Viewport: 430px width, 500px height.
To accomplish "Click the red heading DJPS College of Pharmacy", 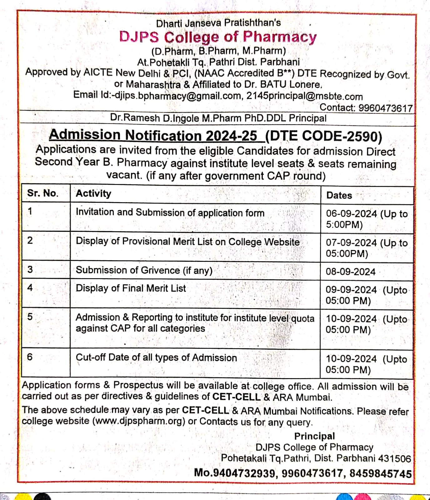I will (x=218, y=37).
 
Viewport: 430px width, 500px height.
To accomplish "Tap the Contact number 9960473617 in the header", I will (x=385, y=108).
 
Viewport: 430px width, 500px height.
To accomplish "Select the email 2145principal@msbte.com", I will (x=304, y=96).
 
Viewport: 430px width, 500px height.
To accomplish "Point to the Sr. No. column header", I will (x=43, y=193).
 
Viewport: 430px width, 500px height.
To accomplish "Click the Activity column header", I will (x=93, y=194).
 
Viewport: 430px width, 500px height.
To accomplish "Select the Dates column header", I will (x=339, y=196).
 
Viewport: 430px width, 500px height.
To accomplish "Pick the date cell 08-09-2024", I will (x=350, y=272).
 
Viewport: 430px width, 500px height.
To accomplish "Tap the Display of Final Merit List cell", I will (x=131, y=288).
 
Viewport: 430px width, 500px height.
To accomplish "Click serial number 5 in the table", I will (x=30, y=317).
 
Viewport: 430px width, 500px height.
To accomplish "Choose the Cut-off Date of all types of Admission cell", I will (x=156, y=357).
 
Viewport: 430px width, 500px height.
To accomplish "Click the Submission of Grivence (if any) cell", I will (x=144, y=270).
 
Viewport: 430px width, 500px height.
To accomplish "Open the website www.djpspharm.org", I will (x=139, y=421).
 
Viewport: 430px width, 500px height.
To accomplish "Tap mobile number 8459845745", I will (x=380, y=474).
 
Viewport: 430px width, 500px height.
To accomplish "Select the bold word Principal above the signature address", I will (x=314, y=436).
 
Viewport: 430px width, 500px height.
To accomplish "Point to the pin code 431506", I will (x=394, y=458).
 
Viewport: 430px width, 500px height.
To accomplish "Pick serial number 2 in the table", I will (x=30, y=240).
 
